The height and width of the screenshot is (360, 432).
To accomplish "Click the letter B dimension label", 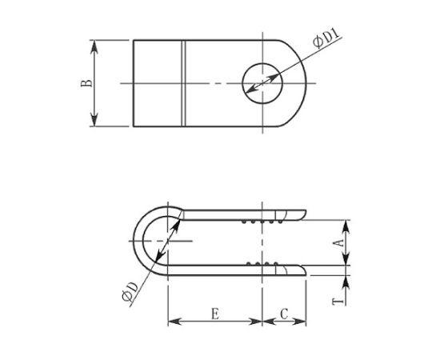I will click(x=87, y=82).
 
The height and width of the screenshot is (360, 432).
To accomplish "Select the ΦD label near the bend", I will click(x=130, y=297).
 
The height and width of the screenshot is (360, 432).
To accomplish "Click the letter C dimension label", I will click(x=285, y=314).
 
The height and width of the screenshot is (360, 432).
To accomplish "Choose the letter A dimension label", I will click(x=338, y=241).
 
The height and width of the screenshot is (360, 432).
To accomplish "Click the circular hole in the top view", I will click(x=262, y=82).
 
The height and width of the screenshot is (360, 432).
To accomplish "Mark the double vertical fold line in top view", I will click(x=185, y=82).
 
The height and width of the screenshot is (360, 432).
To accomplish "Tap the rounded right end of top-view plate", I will click(x=308, y=82).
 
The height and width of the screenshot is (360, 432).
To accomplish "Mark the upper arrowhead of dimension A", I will click(x=346, y=223).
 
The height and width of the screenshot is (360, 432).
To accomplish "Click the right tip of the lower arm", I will click(x=305, y=271).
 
